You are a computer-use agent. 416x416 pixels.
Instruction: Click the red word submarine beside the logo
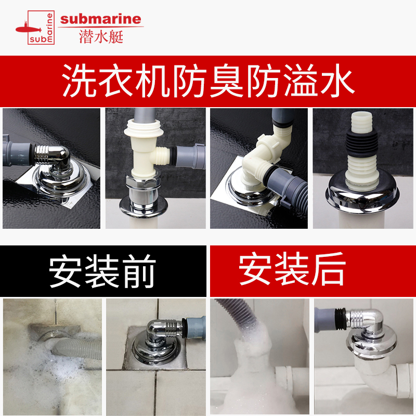[100, 19]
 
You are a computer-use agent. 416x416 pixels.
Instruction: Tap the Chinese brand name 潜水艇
[101, 36]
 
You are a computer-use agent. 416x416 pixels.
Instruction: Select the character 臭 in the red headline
[226, 81]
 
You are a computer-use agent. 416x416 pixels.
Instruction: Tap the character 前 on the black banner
[139, 271]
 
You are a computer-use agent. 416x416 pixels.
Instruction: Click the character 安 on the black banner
[66, 271]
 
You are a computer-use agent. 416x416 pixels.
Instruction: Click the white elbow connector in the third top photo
[263, 159]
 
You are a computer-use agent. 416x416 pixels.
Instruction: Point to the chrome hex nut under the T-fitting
[144, 183]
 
